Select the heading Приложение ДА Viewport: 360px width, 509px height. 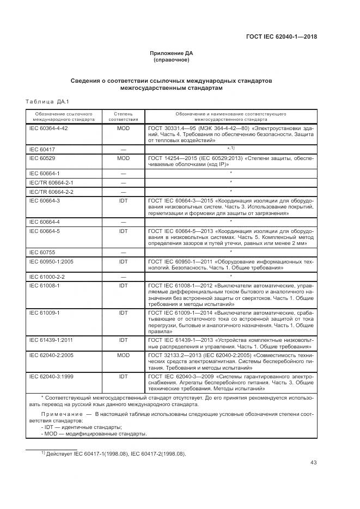coord(172,53)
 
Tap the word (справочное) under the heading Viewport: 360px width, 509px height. coord(172,60)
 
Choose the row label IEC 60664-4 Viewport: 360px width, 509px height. coord(44,222)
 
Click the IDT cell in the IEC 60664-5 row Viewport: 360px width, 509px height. coord(123,231)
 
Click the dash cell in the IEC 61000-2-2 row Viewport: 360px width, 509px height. coord(123,277)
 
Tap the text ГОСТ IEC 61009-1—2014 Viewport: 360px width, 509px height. coord(181,313)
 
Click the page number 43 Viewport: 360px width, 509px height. coord(313,463)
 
